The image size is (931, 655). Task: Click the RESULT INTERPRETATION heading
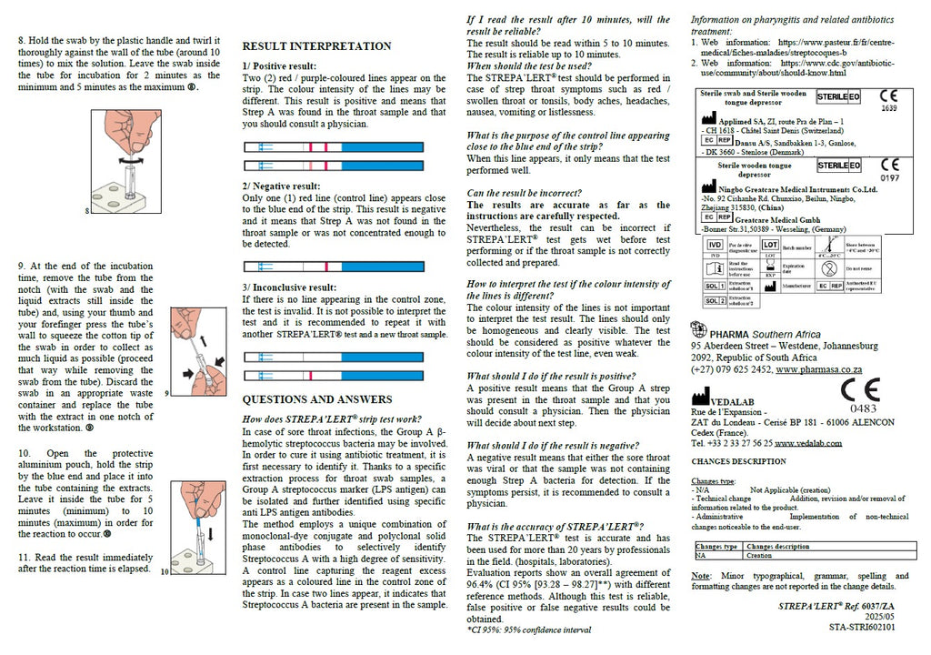pyautogui.click(x=316, y=46)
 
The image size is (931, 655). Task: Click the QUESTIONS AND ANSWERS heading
pyautogui.click(x=312, y=399)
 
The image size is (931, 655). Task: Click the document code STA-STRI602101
pyautogui.click(x=861, y=627)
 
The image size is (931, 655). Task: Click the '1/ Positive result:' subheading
pyautogui.click(x=279, y=66)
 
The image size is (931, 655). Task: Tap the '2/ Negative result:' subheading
pyautogui.click(x=281, y=186)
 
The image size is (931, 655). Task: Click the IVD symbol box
pyautogui.click(x=715, y=245)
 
